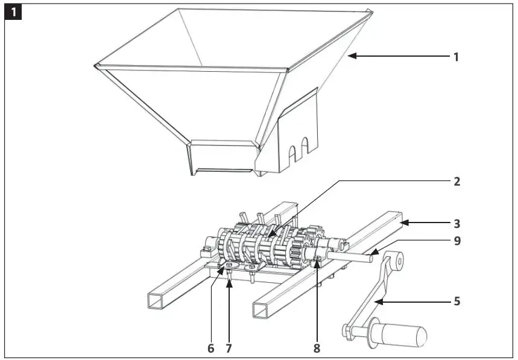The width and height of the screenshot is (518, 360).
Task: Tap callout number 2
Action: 456,180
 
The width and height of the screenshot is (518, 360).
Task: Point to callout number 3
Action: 456,223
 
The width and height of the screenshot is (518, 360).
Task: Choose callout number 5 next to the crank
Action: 456,300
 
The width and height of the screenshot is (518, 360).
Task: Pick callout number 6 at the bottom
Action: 210,348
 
